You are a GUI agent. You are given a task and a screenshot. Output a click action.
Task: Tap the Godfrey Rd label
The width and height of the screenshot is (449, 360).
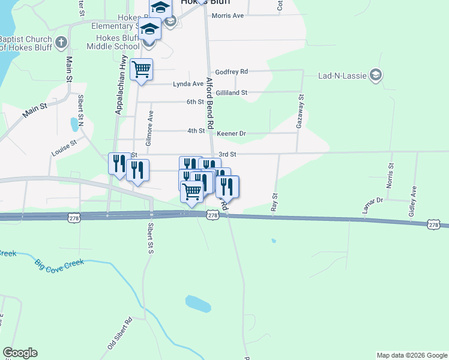pos(232,71)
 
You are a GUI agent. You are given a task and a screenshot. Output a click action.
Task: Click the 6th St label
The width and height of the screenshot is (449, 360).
pos(195,102)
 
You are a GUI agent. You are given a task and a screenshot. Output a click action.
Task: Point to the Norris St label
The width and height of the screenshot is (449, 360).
pos(390,175)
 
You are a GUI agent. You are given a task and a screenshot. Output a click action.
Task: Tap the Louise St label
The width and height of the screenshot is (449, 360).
pos(64,148)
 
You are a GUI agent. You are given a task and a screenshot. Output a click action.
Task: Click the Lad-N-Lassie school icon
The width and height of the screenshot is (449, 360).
pos(376,74)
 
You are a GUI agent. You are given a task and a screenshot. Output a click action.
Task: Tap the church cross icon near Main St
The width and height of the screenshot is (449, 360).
pos(60,43)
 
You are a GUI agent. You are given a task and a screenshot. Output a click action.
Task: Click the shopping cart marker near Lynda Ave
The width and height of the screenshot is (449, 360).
pos(141,70)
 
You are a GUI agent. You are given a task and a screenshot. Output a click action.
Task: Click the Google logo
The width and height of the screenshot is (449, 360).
pos(20,353)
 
